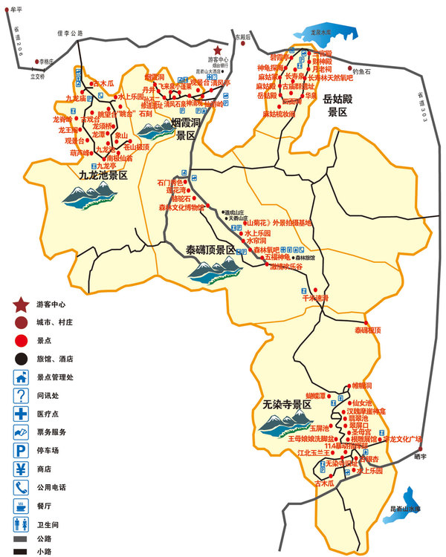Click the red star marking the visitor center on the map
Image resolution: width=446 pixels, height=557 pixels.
click(217, 49)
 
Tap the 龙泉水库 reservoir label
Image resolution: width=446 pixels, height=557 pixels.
click(323, 33)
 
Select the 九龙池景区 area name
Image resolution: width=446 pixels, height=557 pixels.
click(103, 175)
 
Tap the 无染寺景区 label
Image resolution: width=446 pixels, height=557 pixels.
click(287, 405)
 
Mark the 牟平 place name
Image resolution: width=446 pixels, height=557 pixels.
click(14, 9)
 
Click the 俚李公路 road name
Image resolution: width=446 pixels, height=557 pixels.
click(71, 33)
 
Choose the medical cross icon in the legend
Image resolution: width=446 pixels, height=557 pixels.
click(22, 413)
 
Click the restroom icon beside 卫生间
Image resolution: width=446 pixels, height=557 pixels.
click(22, 524)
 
